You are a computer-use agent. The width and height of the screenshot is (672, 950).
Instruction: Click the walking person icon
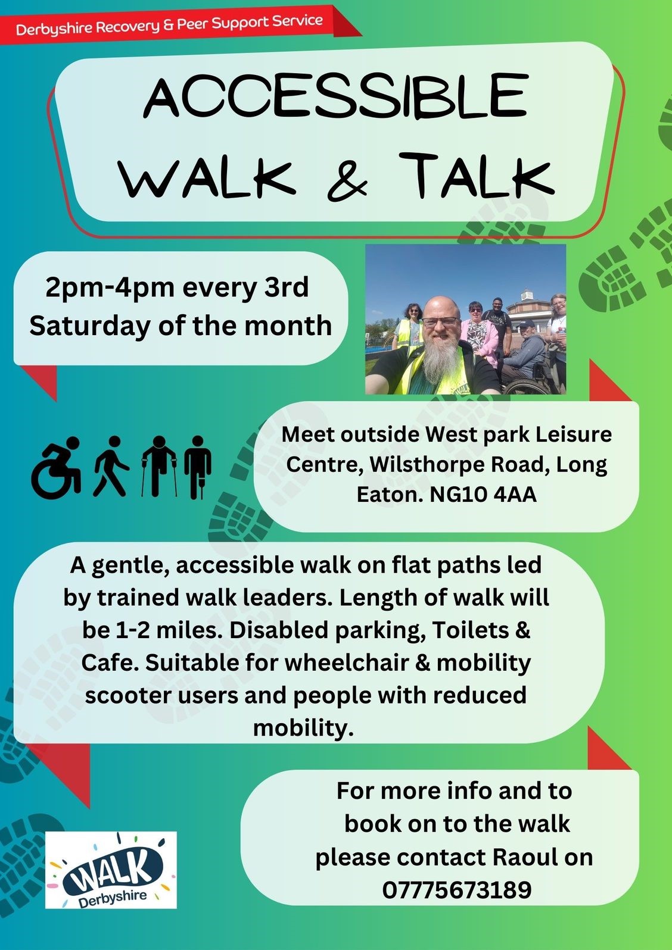(x=110, y=467)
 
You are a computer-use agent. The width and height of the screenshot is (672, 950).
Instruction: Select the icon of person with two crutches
(x=159, y=467)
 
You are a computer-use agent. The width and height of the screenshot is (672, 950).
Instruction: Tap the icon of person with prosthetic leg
(x=197, y=467)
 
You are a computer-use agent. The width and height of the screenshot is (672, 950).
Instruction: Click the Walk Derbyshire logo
(x=111, y=870)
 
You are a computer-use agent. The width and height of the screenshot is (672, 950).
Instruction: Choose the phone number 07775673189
(x=456, y=890)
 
